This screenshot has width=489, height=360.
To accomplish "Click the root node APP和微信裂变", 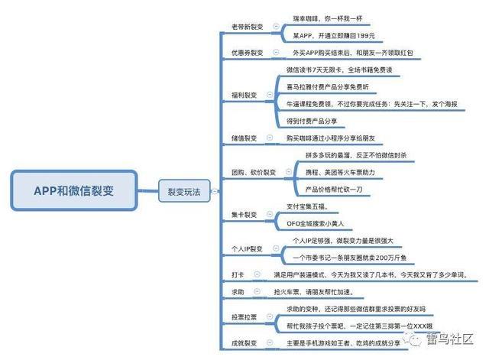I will pyautogui.click(x=74, y=190).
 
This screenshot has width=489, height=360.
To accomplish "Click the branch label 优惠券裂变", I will pyautogui.click(x=247, y=53).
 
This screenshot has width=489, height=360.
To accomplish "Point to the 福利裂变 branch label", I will pyautogui.click(x=244, y=96).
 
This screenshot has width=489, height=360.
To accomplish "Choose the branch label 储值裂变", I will pyautogui.click(x=244, y=138).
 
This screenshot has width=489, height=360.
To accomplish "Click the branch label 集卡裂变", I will pyautogui.click(x=244, y=215).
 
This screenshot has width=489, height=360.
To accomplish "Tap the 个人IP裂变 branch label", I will pyautogui.click(x=247, y=249).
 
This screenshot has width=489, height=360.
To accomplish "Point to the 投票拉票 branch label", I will pyautogui.click(x=244, y=316).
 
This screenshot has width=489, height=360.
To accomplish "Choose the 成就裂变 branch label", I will pyautogui.click(x=244, y=343).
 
